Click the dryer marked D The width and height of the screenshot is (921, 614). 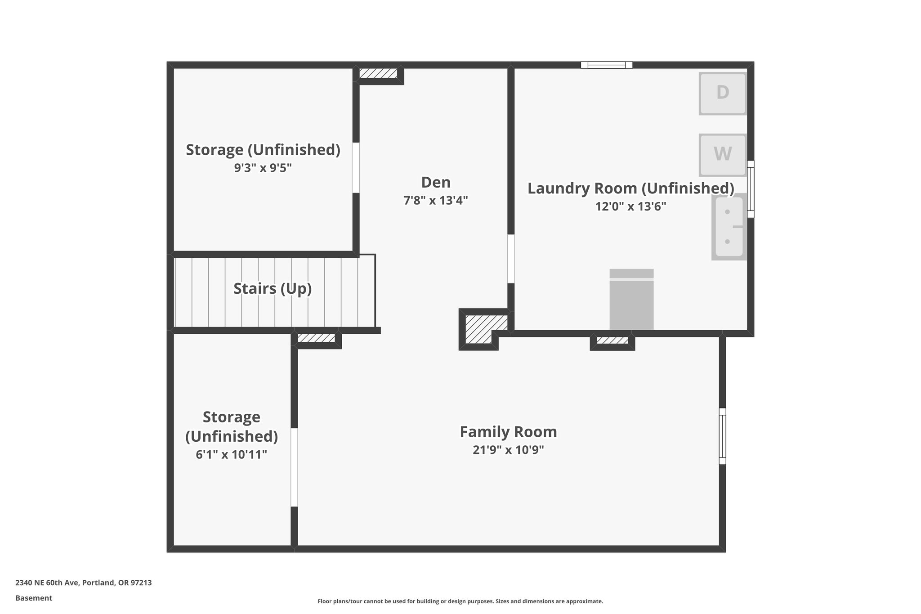(722, 93)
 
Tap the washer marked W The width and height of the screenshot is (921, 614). (722, 155)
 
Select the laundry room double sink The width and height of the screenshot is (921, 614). (729, 227)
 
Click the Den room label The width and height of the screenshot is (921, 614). (436, 182)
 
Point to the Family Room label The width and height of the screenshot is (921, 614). (508, 432)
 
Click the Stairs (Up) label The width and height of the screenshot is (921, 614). (273, 288)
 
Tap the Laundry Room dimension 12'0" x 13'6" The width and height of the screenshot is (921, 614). (630, 206)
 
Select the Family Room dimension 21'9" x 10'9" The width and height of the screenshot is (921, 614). (508, 450)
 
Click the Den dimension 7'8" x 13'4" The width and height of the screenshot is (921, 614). (436, 200)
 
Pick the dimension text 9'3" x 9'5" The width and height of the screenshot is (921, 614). (263, 168)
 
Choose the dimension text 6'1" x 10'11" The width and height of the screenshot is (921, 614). (232, 454)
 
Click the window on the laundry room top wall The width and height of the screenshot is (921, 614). (606, 65)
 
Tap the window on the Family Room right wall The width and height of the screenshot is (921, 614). (722, 436)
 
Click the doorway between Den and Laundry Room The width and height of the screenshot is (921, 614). (511, 259)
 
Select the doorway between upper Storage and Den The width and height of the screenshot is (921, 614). (356, 168)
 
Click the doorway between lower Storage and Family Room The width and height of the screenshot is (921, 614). (294, 467)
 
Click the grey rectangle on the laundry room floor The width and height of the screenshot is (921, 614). (631, 299)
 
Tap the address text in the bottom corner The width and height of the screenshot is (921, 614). (84, 583)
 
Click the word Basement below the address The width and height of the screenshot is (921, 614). (34, 598)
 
